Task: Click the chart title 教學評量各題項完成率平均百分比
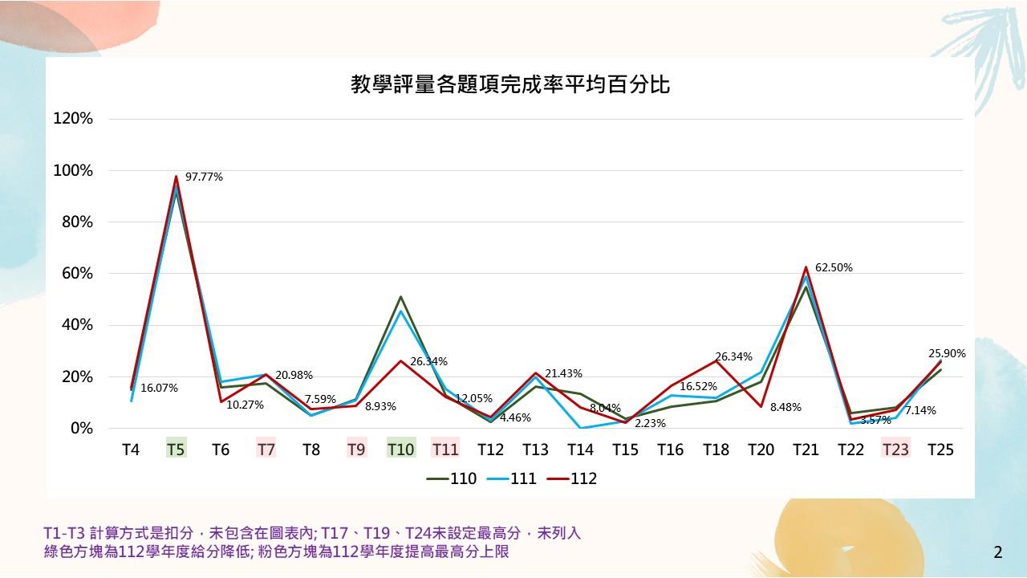pos(510,84)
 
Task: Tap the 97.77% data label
pos(204,177)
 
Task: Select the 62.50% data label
pos(834,267)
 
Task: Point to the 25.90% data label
pos(947,353)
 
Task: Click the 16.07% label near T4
pos(159,388)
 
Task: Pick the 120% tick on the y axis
pos(73,119)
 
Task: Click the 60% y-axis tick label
pos(77,274)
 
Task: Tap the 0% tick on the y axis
pos(82,429)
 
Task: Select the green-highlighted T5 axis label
pos(176,450)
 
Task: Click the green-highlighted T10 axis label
pos(400,450)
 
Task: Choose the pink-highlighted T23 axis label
pos(895,450)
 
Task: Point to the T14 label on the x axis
pos(580,450)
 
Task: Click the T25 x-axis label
pos(940,450)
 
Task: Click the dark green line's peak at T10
pos(400,297)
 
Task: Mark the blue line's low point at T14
pos(580,428)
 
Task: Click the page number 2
pos(998,552)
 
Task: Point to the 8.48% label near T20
pos(785,407)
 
